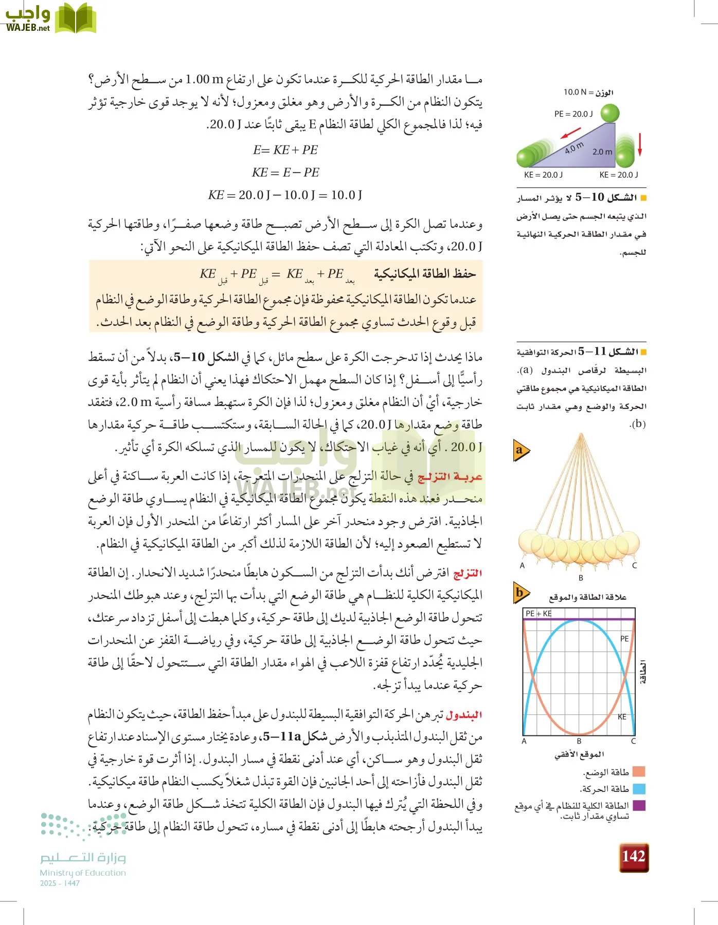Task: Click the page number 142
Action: (x=634, y=857)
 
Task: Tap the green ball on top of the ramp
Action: (x=610, y=113)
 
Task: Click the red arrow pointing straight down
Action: (x=640, y=144)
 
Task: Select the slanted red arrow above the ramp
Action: (x=570, y=134)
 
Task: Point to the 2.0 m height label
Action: (x=602, y=152)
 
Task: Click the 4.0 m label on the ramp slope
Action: (x=574, y=148)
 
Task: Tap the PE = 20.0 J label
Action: (x=573, y=114)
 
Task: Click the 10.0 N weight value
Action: (x=575, y=92)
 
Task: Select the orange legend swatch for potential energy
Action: (x=639, y=772)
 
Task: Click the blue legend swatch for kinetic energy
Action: (x=639, y=789)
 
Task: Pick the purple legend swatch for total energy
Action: (x=639, y=805)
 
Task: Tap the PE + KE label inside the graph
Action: (x=538, y=614)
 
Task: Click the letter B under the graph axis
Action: (x=579, y=741)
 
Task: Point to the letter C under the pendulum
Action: (x=634, y=565)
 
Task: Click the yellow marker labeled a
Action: (x=520, y=451)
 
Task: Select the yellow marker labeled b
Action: (x=520, y=593)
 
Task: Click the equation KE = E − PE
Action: (x=285, y=172)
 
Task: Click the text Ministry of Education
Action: (x=83, y=873)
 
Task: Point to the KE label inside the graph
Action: (x=622, y=717)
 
